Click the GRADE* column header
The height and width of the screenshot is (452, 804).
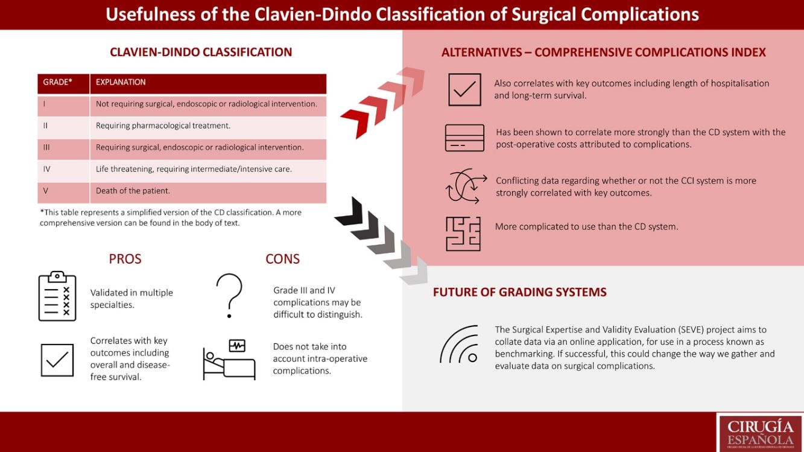click(58, 83)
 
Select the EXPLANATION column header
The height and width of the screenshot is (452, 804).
click(121, 83)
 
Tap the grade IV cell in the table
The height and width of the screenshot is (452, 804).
click(47, 170)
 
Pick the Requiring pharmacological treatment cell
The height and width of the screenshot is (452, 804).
click(163, 126)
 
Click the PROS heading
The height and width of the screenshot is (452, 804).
click(125, 259)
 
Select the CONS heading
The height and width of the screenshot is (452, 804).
click(282, 259)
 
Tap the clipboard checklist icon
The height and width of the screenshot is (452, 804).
click(57, 296)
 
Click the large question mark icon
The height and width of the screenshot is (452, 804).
click(229, 295)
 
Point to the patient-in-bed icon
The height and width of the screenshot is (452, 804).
click(229, 360)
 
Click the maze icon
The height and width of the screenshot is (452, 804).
click(463, 234)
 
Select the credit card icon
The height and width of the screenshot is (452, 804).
click(464, 138)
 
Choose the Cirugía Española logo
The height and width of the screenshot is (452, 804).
click(760, 432)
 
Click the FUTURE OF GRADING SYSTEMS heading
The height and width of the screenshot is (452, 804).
click(519, 293)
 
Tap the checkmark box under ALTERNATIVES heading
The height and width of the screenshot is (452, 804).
click(464, 90)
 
